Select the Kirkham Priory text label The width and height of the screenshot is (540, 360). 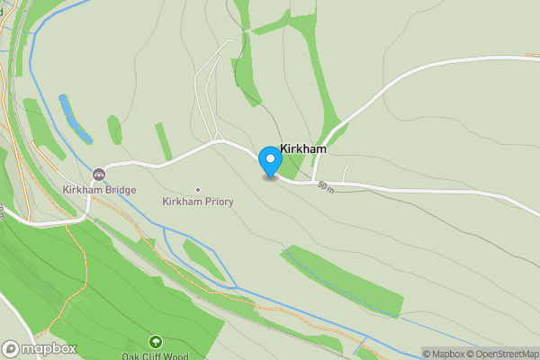tap(198, 202)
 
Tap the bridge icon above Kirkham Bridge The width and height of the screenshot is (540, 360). tap(98, 174)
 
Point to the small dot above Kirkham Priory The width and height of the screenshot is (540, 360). tap(198, 189)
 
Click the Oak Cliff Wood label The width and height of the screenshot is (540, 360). tap(156, 356)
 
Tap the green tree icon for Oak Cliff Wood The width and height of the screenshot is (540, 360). tap(156, 342)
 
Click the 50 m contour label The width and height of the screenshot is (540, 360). tap(325, 187)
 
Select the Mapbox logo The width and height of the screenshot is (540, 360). tap(40, 348)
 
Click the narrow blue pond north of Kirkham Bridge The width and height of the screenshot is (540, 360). tap(76, 120)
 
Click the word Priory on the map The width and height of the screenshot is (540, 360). tap(218, 202)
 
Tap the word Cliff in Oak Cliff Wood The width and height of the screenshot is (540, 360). tap(156, 356)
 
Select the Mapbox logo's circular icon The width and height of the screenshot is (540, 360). tap(11, 348)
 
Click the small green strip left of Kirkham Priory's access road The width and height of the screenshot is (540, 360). tap(163, 141)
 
